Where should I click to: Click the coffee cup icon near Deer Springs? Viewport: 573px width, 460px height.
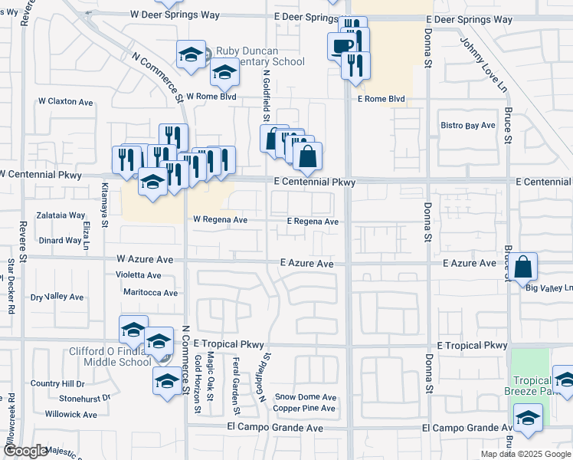click(x=342, y=46)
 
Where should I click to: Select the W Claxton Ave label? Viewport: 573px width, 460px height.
click(x=65, y=101)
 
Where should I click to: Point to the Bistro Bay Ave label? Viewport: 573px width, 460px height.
click(x=468, y=125)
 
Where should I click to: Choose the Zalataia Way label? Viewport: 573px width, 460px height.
click(x=62, y=215)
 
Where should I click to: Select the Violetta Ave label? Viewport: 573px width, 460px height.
click(x=138, y=274)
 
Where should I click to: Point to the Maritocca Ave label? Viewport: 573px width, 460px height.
click(x=150, y=292)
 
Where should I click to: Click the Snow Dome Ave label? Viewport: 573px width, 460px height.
click(x=306, y=397)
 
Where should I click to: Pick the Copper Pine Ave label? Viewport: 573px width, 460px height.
click(x=304, y=408)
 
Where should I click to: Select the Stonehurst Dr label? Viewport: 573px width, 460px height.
click(x=85, y=399)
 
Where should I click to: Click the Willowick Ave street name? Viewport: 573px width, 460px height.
click(x=70, y=414)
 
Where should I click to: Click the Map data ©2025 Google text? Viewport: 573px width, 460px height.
click(x=526, y=454)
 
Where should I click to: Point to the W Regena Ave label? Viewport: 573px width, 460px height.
click(x=220, y=220)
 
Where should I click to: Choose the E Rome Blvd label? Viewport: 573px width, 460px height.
click(x=381, y=99)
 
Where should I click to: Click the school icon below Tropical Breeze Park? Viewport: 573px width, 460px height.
click(x=528, y=418)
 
